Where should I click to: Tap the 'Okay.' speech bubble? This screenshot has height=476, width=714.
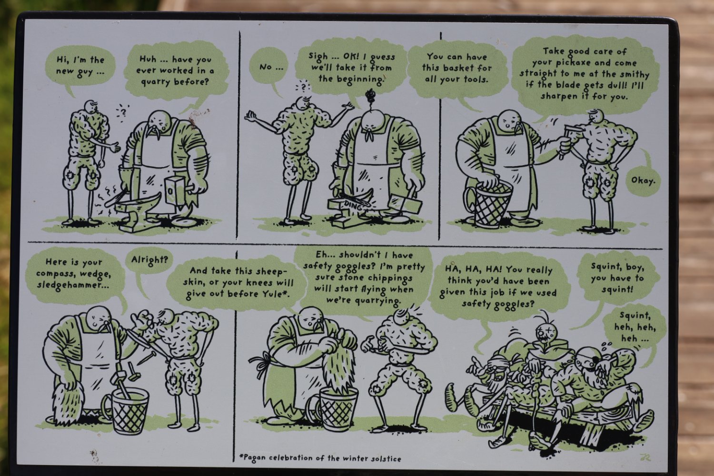[x=643, y=181]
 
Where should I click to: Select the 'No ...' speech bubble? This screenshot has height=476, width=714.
[x=270, y=67]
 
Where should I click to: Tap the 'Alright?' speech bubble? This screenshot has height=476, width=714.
[x=149, y=260]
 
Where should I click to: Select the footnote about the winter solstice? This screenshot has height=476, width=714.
[x=320, y=459]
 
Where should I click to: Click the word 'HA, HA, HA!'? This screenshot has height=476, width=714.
[x=469, y=269]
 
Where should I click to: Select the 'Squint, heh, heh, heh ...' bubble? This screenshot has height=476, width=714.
[x=635, y=327]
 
